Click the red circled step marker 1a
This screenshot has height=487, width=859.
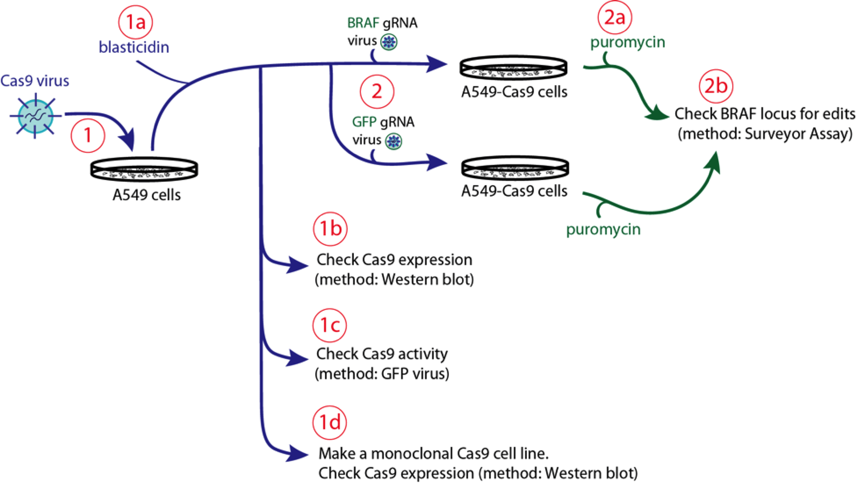coord(135,22)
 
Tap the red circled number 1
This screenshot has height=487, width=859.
coord(88,135)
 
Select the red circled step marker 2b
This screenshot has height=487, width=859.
coord(716,86)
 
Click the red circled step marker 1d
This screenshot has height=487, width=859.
coord(330,422)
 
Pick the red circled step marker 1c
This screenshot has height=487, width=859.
coord(330,325)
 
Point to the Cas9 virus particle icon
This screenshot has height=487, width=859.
coord(35,116)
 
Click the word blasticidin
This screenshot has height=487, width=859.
coord(134,47)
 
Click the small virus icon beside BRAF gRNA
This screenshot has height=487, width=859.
coord(389,42)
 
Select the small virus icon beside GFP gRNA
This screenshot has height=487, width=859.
coord(394,141)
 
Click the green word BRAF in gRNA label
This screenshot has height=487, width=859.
coord(363,23)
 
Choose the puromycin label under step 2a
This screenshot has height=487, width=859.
coord(627,42)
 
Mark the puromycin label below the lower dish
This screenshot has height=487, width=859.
coord(603,229)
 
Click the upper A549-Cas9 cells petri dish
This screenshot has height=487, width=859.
coord(513,68)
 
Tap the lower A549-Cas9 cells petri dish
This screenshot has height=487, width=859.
coord(515,168)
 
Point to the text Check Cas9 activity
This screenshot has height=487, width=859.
coord(382,354)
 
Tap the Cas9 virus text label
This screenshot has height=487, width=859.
coord(34,81)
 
